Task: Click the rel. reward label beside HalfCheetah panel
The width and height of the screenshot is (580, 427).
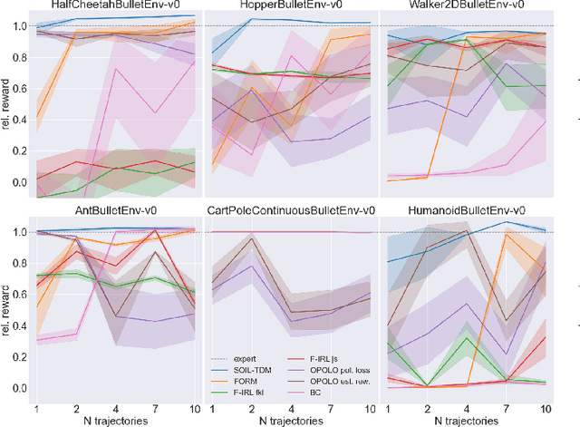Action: tap(7, 103)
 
